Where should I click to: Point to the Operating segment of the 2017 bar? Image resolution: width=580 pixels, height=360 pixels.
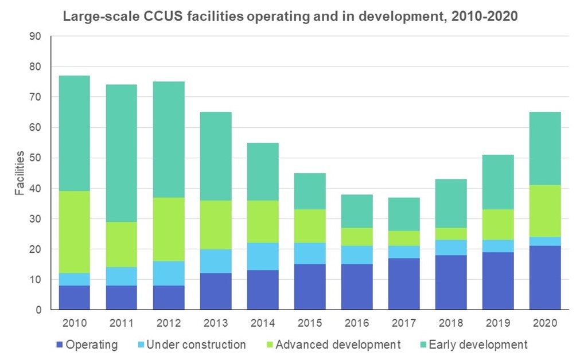tap(403, 284)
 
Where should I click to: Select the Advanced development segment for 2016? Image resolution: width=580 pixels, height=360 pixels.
tap(357, 237)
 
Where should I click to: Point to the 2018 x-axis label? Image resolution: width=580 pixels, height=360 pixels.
tap(450, 323)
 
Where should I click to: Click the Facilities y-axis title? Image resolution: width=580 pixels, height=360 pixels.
tap(20, 173)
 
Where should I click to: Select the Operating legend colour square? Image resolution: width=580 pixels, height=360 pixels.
tap(59, 345)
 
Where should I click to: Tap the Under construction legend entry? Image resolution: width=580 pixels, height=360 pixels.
tap(196, 345)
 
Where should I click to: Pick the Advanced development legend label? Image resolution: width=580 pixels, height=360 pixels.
tap(337, 345)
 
